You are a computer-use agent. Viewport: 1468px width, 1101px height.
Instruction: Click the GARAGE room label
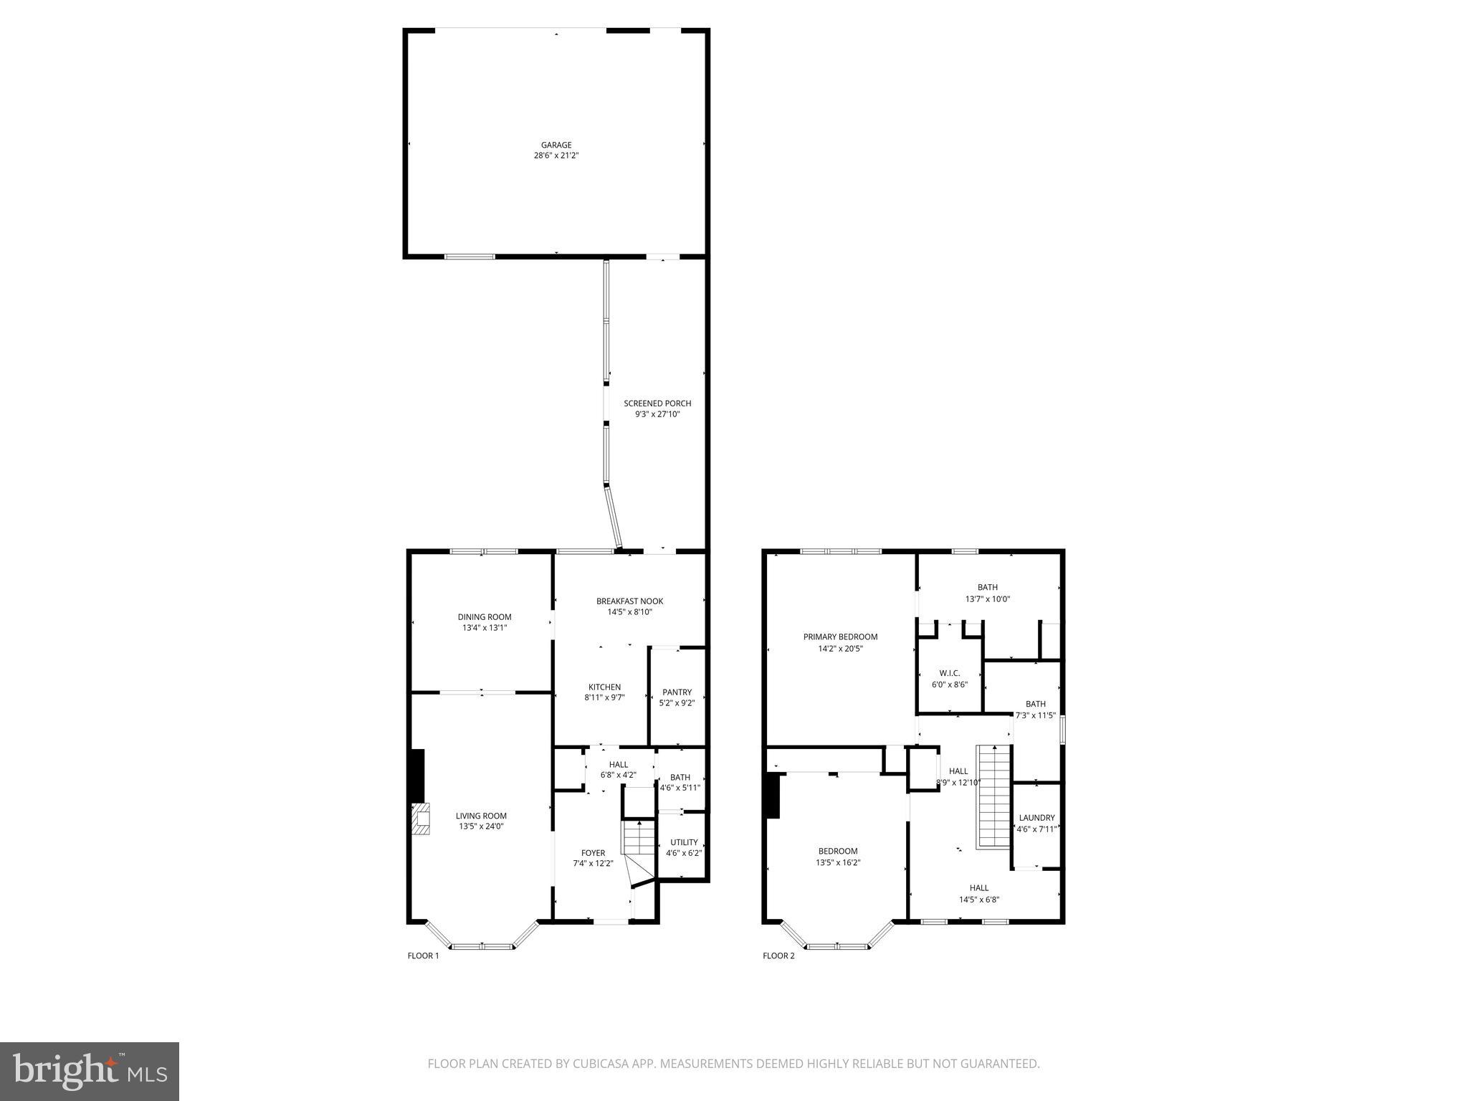point(556,145)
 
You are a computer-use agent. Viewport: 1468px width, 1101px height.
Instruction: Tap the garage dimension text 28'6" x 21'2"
point(556,156)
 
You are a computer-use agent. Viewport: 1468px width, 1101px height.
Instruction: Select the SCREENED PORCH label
point(657,404)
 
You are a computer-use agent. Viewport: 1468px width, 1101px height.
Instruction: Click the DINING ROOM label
point(485,617)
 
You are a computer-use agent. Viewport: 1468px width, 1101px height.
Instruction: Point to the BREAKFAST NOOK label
point(629,601)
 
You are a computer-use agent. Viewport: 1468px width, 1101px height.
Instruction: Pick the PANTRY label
point(677,692)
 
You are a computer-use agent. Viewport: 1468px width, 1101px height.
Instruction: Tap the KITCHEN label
point(604,687)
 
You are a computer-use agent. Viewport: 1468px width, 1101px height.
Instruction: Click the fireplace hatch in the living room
point(421,818)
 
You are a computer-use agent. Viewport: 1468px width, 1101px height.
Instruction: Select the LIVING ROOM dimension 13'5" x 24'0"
point(481,826)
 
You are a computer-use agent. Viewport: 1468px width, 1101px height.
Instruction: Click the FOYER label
point(593,853)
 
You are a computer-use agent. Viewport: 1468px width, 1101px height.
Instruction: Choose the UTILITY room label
point(683,842)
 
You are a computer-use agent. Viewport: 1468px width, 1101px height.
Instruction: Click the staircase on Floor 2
point(993,796)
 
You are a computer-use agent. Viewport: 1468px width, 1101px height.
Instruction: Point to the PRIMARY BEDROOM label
point(840,637)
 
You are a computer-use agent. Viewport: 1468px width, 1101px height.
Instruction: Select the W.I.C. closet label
point(949,673)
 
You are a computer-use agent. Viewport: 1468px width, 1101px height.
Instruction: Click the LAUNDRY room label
point(1036,818)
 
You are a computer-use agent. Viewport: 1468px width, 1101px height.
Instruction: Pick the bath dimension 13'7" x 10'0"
point(987,599)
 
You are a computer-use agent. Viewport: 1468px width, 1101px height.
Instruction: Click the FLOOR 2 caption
point(778,955)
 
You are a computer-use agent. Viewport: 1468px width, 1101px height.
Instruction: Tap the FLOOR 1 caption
point(423,955)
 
